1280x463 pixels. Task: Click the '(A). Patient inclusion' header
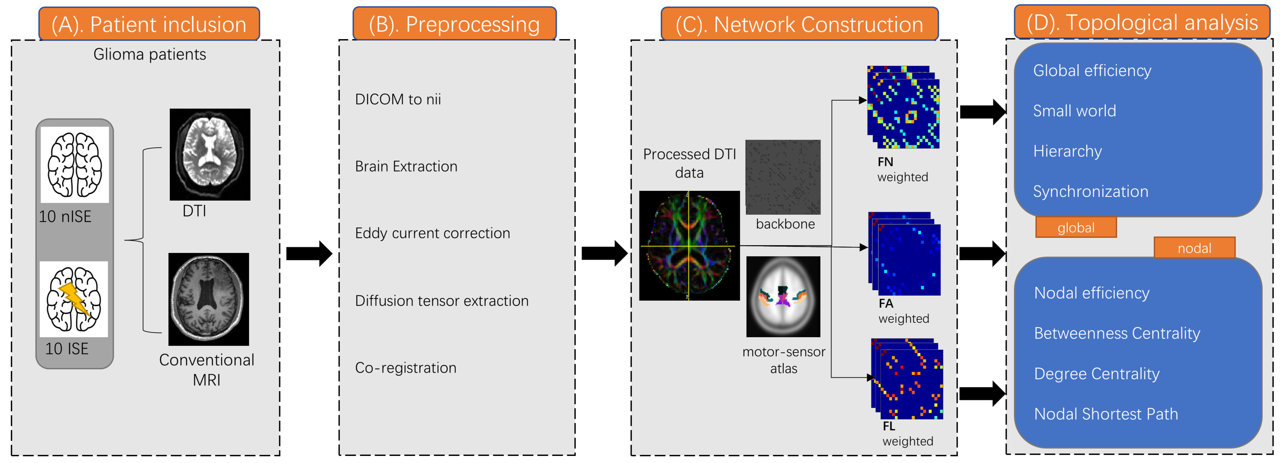149,24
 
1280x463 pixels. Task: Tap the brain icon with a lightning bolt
74,299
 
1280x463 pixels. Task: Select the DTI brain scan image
210,154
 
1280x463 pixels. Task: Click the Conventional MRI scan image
209,299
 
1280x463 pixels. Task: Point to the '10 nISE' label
65,216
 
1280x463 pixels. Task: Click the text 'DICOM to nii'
398,99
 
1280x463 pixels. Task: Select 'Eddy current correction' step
432,233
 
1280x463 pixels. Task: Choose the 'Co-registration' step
406,368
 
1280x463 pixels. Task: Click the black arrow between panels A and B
309,254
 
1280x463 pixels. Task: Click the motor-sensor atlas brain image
783,297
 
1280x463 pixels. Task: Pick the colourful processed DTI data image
689,246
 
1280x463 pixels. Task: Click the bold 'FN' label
885,162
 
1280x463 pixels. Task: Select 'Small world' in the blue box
1074,111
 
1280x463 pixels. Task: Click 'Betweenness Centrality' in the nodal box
1117,333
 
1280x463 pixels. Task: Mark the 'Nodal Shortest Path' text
1106,414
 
